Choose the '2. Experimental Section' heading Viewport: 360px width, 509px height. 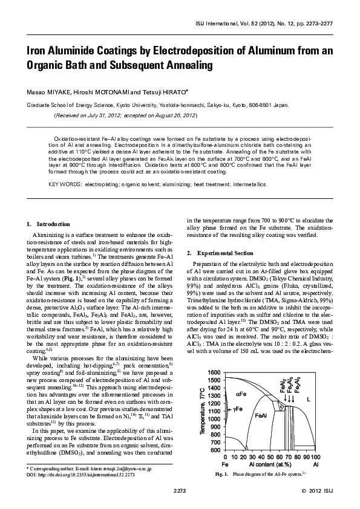click(217, 251)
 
